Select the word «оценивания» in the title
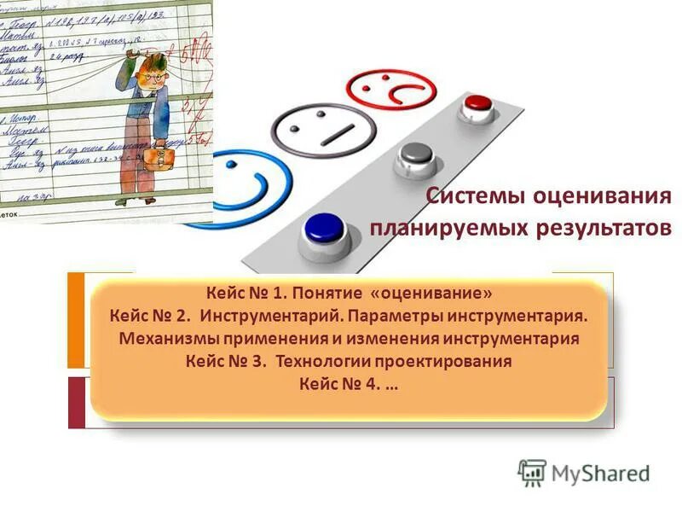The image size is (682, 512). point(603,197)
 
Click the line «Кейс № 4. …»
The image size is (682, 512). point(349,383)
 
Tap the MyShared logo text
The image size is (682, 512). point(600,472)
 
